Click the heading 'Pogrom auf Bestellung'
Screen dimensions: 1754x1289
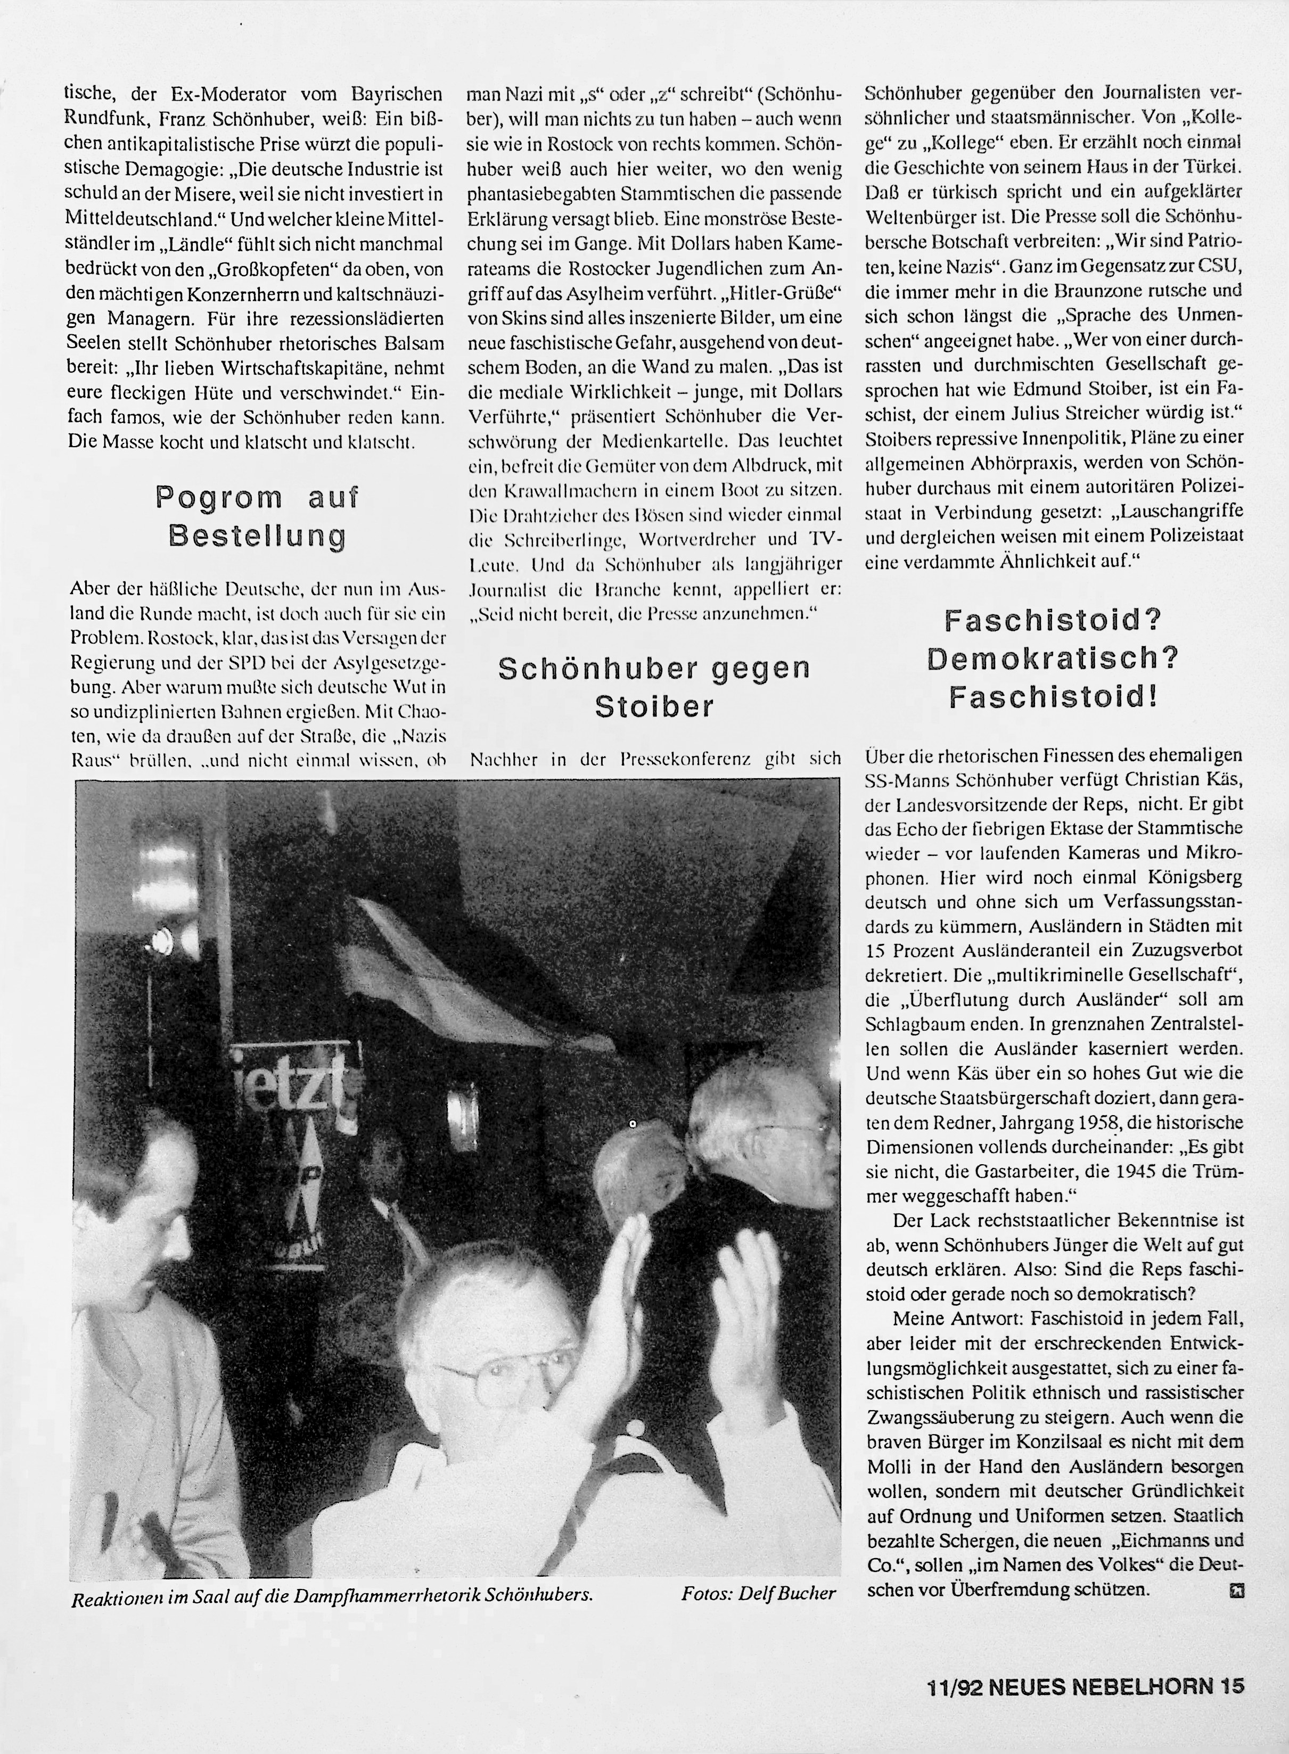[x=258, y=516]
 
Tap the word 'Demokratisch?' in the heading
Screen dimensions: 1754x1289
[x=1053, y=659]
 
